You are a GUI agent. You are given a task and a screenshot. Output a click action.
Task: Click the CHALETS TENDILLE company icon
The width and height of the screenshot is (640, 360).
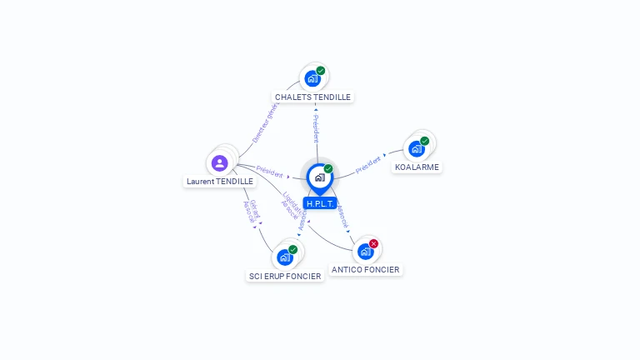312,78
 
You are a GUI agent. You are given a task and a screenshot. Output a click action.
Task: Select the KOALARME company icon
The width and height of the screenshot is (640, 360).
416,148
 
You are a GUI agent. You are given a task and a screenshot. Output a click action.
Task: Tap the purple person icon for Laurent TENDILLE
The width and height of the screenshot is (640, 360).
219,162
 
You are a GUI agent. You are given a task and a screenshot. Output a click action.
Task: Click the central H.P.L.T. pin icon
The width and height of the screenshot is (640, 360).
319,177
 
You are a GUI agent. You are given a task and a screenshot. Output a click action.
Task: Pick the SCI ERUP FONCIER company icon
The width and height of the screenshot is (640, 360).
284,257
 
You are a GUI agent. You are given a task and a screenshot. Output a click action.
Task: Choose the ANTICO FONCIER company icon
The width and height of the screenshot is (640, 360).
365,251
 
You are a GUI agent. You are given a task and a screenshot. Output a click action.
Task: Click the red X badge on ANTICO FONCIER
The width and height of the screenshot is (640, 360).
373,243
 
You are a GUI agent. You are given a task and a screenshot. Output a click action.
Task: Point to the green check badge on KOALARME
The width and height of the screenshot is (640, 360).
424,141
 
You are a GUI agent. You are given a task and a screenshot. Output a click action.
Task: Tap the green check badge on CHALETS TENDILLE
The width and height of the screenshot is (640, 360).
321,71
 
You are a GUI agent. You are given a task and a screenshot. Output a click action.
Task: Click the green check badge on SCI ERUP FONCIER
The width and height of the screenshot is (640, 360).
292,249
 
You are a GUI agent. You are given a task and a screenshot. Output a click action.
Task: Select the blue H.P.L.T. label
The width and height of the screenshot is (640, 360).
319,203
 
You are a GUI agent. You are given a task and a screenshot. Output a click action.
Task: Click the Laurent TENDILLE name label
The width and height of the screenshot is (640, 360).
220,181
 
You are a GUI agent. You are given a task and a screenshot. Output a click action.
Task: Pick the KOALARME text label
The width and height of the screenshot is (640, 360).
417,167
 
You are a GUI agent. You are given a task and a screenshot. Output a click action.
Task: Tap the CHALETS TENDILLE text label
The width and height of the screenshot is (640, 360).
312,97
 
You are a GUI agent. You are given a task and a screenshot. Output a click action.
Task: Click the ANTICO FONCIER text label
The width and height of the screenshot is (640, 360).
365,269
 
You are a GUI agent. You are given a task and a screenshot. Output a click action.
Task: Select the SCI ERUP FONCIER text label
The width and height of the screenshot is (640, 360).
285,276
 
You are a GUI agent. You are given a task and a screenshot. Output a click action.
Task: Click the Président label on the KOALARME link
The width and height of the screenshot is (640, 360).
367,165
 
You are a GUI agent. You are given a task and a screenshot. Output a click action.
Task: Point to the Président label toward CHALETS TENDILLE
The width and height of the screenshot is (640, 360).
316,127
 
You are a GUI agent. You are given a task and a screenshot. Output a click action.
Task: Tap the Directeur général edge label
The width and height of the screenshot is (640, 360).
265,122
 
